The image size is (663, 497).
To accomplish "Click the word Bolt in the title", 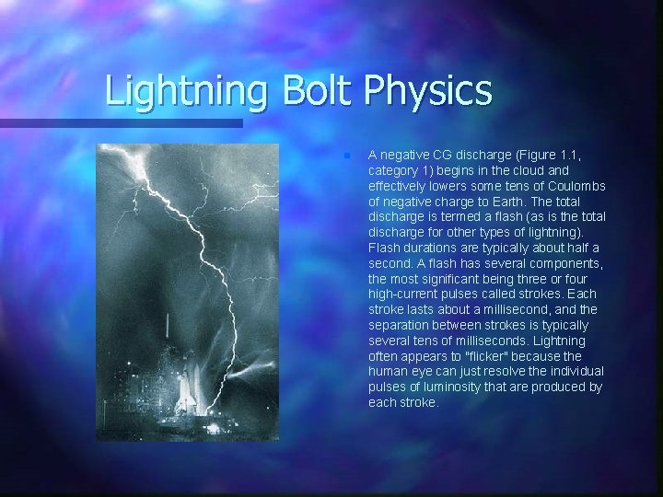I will (310, 90).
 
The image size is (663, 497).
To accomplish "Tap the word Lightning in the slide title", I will (183, 92).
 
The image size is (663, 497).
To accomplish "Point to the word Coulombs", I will (578, 186).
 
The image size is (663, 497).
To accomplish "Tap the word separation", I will (401, 326).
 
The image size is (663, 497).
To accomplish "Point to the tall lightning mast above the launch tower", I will (168, 327).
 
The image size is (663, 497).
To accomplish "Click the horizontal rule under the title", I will (120, 122).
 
